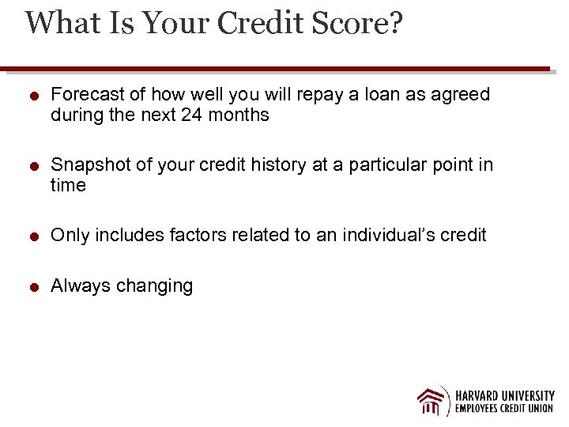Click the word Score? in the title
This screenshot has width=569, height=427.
tap(355, 24)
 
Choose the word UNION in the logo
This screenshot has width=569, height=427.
tap(538, 410)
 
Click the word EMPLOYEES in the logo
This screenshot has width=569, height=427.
tap(478, 410)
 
